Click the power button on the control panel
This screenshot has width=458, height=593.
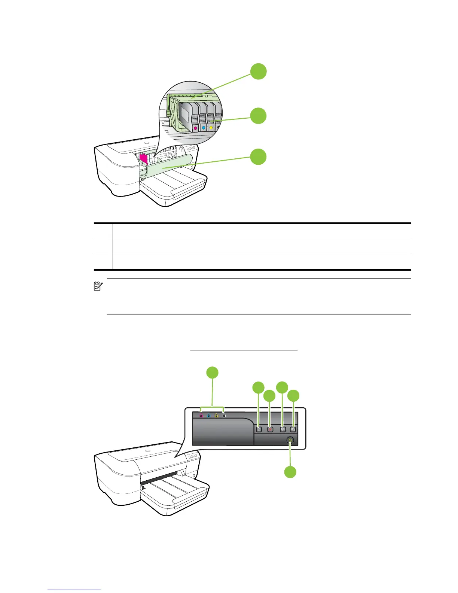coord(291,441)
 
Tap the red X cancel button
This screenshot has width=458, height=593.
coord(271,429)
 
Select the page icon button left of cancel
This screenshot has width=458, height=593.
coord(259,429)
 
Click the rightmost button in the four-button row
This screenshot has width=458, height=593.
coord(293,429)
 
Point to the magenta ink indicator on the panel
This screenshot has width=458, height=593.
coord(201,416)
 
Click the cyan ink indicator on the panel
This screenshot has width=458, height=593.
coord(208,416)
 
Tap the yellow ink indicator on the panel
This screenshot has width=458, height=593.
coord(216,416)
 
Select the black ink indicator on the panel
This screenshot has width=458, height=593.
coord(224,416)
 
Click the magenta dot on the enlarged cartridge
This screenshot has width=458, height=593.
coord(195,128)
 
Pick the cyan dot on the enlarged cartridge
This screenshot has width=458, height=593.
coord(203,128)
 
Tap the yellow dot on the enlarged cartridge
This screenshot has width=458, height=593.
coord(211,128)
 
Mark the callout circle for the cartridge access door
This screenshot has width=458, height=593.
coord(259,156)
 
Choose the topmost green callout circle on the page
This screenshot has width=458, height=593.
coord(259,72)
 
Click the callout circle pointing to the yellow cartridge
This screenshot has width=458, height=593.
coord(259,116)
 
